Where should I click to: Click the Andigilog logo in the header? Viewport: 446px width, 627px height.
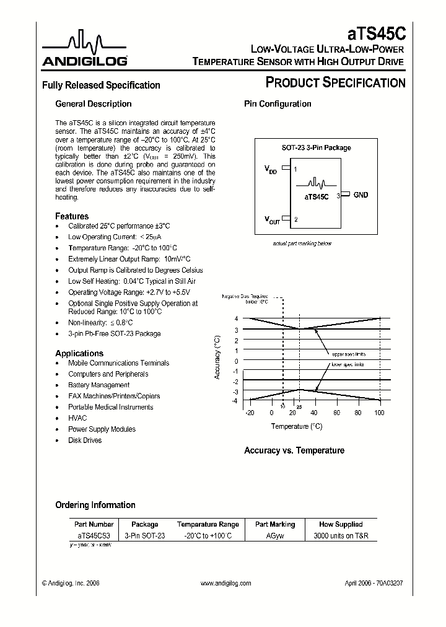85,50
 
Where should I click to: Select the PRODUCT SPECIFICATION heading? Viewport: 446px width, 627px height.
334,82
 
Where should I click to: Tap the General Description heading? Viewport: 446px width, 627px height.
94,104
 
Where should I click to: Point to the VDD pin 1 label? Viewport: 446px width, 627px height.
272,169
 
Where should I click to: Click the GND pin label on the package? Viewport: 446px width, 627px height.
361,195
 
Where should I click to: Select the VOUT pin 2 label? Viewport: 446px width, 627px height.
273,219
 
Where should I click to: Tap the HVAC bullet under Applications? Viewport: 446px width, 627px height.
77,418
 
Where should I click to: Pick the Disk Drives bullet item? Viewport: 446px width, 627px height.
85,441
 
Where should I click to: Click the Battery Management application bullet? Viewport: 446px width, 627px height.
98,385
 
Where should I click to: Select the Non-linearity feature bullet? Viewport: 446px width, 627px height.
100,323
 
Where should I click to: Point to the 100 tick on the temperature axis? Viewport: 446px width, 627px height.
379,413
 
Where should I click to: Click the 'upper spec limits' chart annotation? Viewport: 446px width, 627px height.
348,354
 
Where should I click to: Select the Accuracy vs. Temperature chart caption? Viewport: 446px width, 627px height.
294,450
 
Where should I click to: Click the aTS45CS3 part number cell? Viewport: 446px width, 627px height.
94,535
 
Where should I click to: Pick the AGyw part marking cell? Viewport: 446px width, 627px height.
276,535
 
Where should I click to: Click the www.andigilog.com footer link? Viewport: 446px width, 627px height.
226,584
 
